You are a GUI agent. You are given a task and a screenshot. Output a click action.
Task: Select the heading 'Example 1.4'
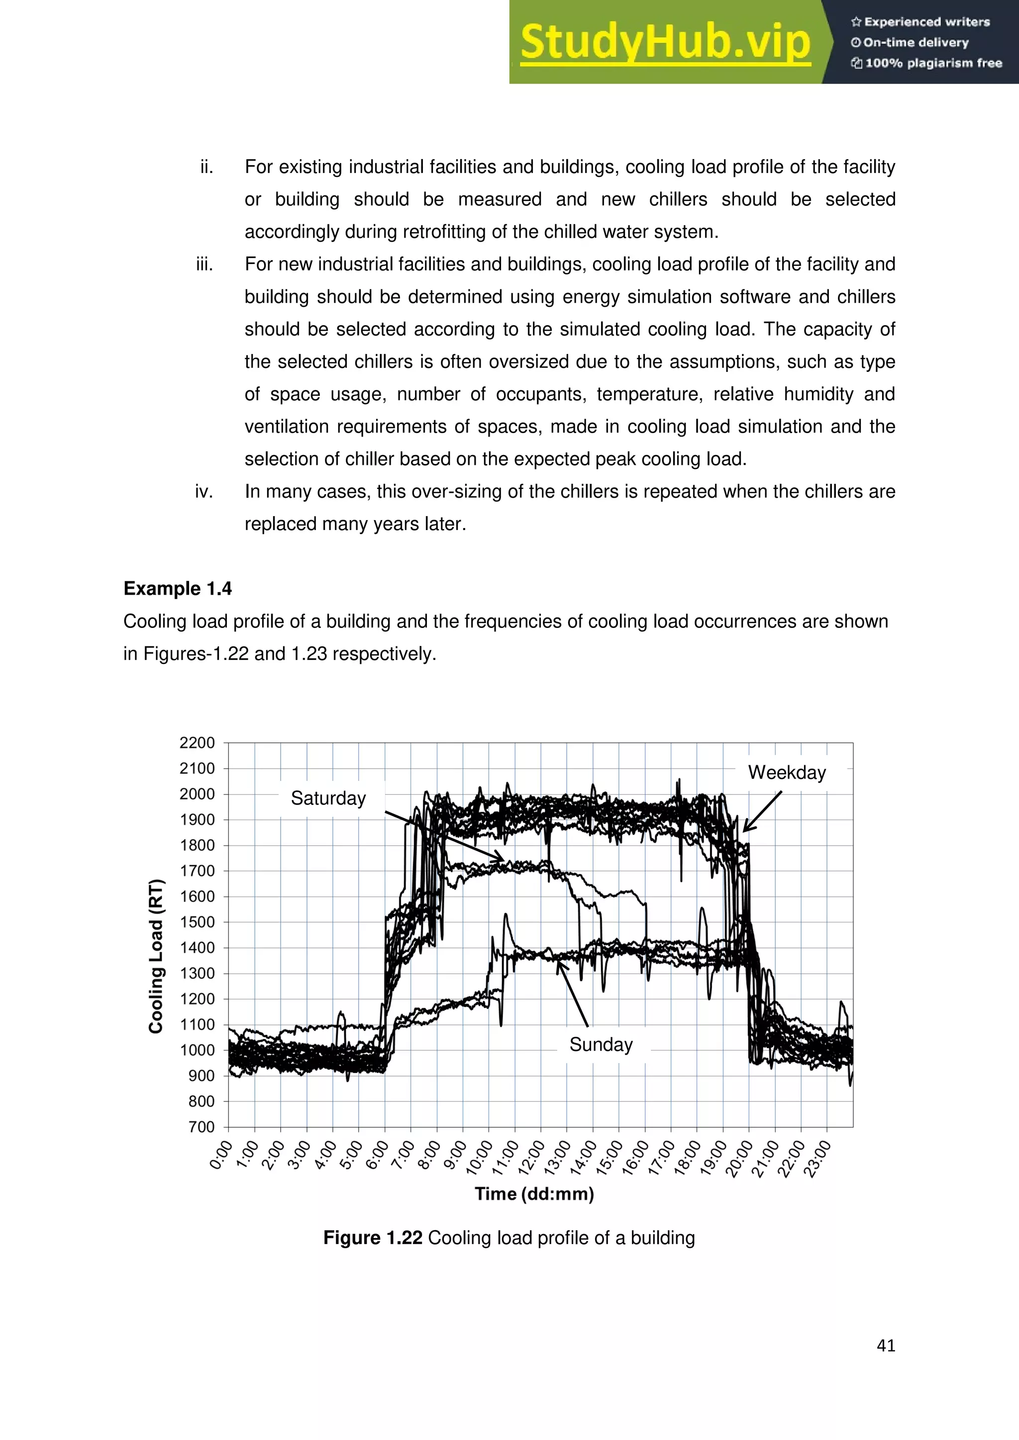(x=178, y=588)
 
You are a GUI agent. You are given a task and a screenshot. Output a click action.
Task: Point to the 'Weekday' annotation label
(x=787, y=772)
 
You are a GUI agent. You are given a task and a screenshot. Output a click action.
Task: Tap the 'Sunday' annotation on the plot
(x=601, y=1044)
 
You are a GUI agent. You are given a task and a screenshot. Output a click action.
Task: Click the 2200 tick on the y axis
(x=197, y=742)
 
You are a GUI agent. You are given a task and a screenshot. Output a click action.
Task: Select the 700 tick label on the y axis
(x=202, y=1127)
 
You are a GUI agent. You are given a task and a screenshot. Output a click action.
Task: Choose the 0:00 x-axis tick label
(x=221, y=1155)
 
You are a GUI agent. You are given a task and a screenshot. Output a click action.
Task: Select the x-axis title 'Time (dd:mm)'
(x=534, y=1193)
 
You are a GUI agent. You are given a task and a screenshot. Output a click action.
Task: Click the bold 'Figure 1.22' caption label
(x=372, y=1238)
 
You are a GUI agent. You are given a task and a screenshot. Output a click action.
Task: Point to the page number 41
(x=885, y=1346)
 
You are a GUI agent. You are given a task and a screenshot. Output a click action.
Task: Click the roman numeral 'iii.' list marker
(x=204, y=264)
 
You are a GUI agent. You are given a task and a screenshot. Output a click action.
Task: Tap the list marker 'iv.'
(x=204, y=491)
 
